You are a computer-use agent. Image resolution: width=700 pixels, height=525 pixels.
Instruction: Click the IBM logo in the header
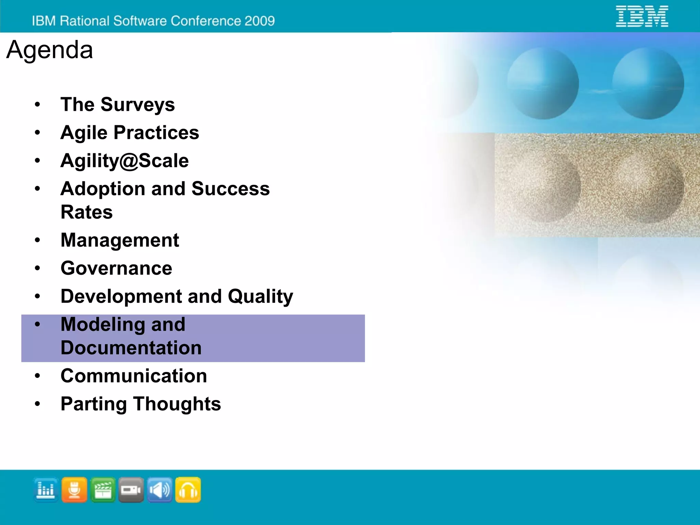point(642,16)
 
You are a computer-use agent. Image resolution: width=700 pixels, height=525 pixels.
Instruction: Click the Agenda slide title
point(50,50)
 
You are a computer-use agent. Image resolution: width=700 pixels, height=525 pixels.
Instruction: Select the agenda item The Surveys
point(118,104)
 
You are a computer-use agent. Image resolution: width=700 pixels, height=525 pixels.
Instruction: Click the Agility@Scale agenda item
point(124,161)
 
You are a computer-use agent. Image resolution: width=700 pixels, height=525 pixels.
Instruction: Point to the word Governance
point(116,268)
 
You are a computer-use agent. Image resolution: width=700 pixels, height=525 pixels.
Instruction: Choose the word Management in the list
point(120,240)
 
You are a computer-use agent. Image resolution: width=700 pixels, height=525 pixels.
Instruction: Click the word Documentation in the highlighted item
point(131,348)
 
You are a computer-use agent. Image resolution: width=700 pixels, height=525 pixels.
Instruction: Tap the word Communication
point(134,376)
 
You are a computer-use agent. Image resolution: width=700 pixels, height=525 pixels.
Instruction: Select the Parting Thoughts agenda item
point(140,404)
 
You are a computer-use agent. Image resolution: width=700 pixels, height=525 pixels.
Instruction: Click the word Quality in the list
point(260,296)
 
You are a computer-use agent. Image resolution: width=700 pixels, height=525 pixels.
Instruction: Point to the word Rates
point(86,212)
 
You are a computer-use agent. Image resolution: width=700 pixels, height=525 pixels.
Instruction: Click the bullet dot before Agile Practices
point(38,132)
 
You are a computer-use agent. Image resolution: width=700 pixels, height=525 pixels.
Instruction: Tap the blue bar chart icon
point(46,490)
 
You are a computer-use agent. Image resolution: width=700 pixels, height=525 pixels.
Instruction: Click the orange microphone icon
point(74,490)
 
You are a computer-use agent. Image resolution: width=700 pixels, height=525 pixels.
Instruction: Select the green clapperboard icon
point(103,490)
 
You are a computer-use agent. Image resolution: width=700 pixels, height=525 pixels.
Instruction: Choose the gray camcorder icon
point(131,490)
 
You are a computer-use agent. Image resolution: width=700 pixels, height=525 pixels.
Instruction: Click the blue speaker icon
point(160,490)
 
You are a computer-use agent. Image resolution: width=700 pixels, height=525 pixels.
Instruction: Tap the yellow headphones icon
point(188,490)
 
